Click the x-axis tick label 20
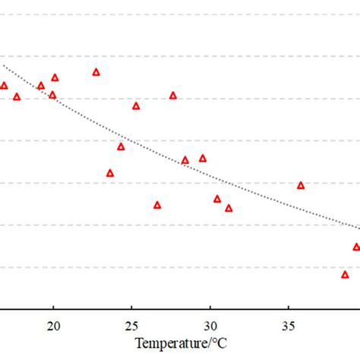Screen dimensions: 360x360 pyautogui.click(x=53, y=326)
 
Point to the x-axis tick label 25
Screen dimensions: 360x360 pyautogui.click(x=131, y=326)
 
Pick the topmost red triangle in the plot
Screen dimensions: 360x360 pyautogui.click(x=96, y=72)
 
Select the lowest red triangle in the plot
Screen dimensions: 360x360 pyautogui.click(x=345, y=274)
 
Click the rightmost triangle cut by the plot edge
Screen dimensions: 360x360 pyautogui.click(x=356, y=247)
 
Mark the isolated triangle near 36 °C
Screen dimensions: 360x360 pyautogui.click(x=301, y=185)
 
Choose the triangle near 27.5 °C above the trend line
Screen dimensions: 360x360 pyautogui.click(x=173, y=96)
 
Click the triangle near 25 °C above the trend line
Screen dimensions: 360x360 pyautogui.click(x=136, y=106)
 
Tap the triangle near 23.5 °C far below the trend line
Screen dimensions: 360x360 pyautogui.click(x=110, y=173)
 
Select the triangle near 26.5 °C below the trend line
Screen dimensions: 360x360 pyautogui.click(x=157, y=205)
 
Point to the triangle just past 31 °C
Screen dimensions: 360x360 pyautogui.click(x=229, y=208)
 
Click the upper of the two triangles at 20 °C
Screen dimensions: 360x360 pyautogui.click(x=55, y=77)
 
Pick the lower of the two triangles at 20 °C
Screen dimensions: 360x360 pyautogui.click(x=52, y=95)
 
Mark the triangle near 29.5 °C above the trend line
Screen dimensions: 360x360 pyautogui.click(x=203, y=158)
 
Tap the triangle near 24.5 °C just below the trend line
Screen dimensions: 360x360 pyautogui.click(x=121, y=147)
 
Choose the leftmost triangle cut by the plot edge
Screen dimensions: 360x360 pyautogui.click(x=4, y=86)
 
